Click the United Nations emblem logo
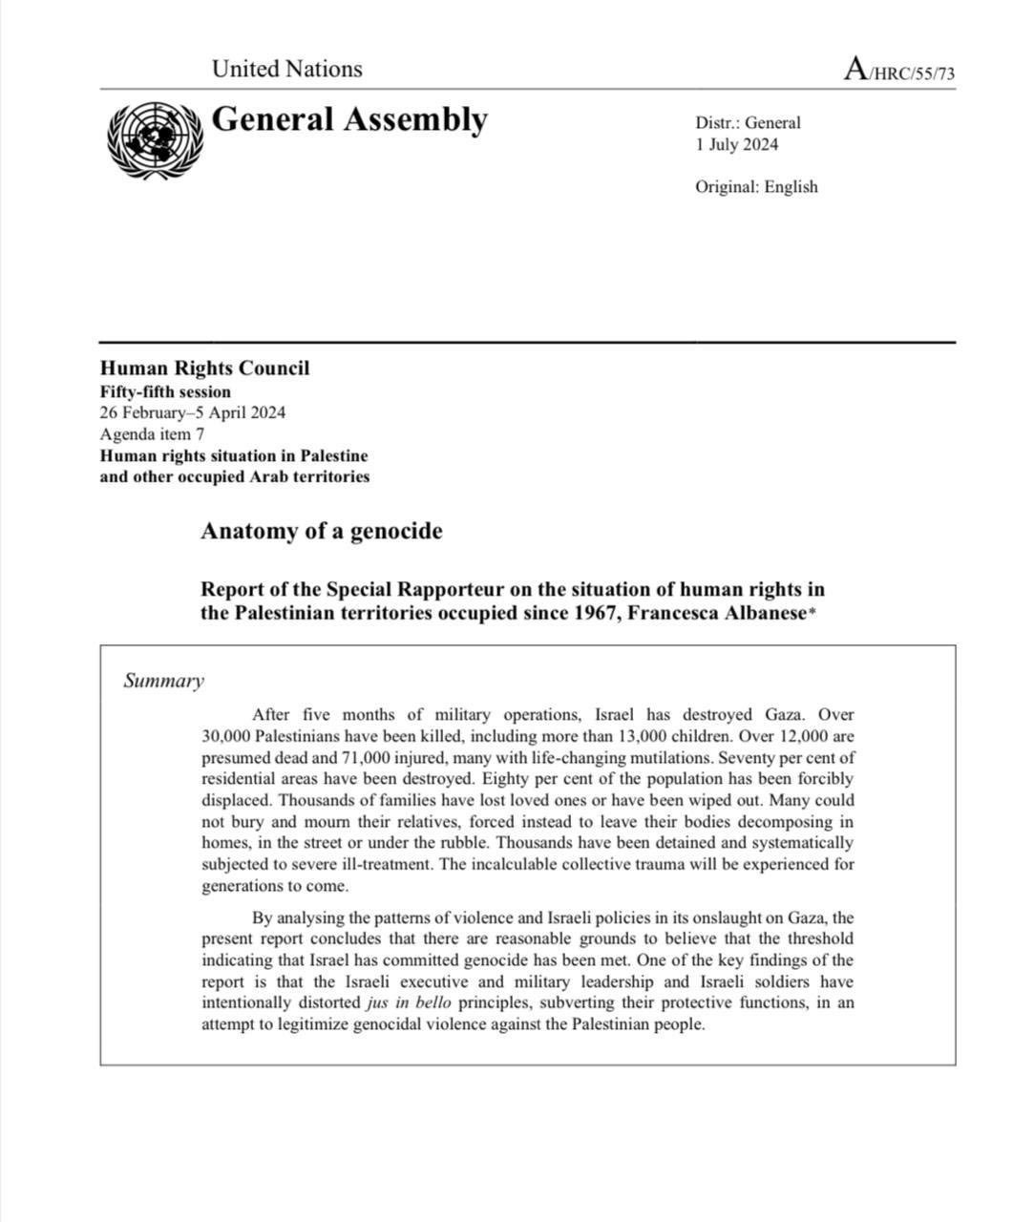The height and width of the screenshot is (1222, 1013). click(155, 140)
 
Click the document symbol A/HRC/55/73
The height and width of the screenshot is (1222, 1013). click(899, 71)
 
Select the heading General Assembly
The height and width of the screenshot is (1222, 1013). click(348, 120)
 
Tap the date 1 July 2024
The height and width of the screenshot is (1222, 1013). click(736, 145)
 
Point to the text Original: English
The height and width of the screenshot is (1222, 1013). click(756, 187)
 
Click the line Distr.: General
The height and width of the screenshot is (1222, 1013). click(748, 122)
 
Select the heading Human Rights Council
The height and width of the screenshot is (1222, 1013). click(204, 369)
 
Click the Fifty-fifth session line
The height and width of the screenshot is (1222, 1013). click(165, 391)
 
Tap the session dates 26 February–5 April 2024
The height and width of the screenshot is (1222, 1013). click(192, 413)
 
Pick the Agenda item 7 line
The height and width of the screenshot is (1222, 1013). click(152, 434)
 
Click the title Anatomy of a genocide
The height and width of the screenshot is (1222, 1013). click(321, 532)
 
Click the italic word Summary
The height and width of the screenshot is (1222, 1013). click(163, 681)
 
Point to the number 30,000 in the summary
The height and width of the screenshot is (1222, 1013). click(226, 736)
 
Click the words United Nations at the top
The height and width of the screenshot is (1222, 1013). click(286, 69)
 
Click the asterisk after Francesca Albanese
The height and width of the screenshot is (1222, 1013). click(813, 613)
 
